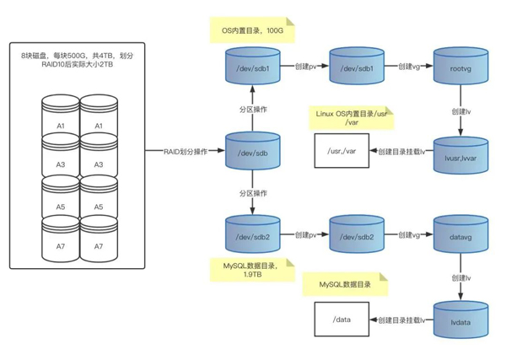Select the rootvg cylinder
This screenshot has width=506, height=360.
click(x=460, y=68)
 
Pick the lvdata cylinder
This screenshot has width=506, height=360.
click(x=460, y=320)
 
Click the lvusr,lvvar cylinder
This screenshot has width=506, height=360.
click(x=460, y=154)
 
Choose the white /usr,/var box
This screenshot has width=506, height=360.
click(x=340, y=152)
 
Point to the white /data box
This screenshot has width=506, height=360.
click(x=340, y=320)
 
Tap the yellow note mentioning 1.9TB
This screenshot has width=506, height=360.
click(x=253, y=270)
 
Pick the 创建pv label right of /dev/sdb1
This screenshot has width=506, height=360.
click(x=306, y=66)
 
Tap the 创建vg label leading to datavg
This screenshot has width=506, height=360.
click(x=410, y=234)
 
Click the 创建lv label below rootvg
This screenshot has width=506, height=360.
click(x=460, y=110)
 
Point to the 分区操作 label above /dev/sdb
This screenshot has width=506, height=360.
click(x=252, y=110)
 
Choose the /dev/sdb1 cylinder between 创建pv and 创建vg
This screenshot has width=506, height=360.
click(x=357, y=68)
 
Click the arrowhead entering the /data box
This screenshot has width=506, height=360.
click(x=373, y=320)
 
